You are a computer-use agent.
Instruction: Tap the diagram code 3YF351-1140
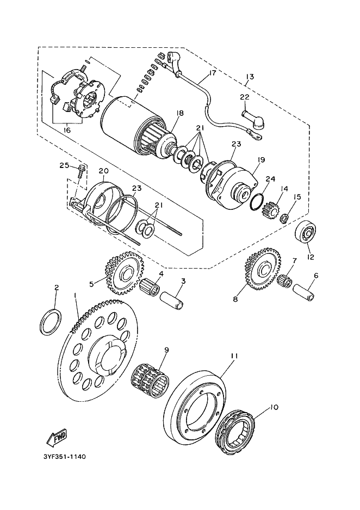[x=64, y=457]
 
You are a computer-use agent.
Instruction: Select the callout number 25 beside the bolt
[x=64, y=165]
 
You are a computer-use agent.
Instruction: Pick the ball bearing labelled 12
[x=306, y=233]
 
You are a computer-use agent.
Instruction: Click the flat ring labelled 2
[x=51, y=322]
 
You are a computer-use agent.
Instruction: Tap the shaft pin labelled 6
[x=304, y=293]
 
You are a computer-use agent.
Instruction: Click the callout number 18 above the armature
[x=179, y=113]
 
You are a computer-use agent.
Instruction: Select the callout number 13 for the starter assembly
[x=250, y=77]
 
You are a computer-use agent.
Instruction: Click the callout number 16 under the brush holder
[x=67, y=130]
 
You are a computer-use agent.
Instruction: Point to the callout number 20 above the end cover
[x=103, y=171]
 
